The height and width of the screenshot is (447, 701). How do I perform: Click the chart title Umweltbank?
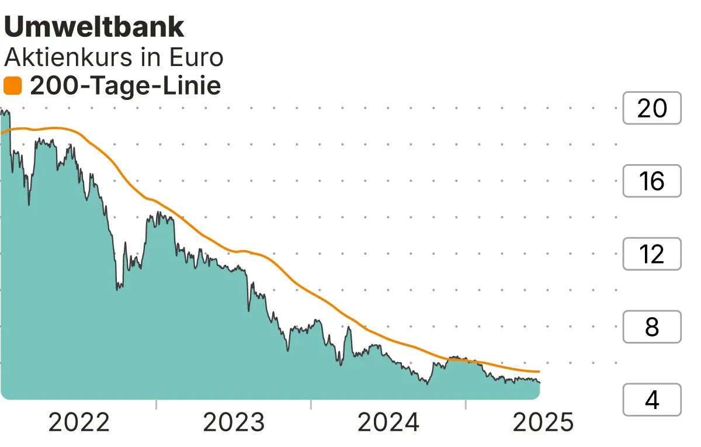(94, 27)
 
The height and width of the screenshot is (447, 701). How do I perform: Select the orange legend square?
(12, 86)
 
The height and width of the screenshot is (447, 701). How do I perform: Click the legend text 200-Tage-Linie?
(125, 86)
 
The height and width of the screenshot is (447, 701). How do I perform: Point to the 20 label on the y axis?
(651, 108)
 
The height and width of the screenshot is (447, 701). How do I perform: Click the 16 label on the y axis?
(651, 181)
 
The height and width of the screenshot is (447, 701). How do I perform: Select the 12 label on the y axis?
(651, 254)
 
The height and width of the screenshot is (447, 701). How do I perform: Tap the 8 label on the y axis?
(651, 327)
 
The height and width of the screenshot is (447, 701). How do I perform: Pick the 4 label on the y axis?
(651, 400)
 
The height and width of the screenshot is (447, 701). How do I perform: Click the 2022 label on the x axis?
(79, 422)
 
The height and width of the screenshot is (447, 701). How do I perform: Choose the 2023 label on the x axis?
(234, 422)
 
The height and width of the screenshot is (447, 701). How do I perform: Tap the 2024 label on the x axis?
(388, 422)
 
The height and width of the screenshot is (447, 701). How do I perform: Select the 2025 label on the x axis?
(543, 422)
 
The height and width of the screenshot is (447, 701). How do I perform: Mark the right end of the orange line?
(539, 372)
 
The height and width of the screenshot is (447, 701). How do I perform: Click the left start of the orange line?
(2, 133)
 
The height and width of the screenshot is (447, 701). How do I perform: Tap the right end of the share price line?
(539, 383)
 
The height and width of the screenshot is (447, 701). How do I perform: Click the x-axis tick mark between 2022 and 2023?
(157, 404)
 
